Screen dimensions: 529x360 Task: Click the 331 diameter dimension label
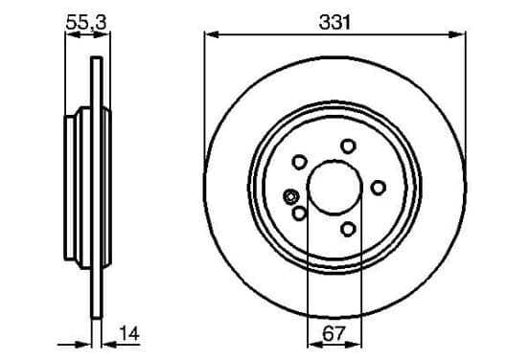coord(334,23)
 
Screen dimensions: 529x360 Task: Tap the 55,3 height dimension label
coord(86,23)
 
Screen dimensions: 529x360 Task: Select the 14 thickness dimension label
coord(129,334)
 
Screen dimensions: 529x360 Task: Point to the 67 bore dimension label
coord(334,334)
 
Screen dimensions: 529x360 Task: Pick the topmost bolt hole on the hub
coord(348,146)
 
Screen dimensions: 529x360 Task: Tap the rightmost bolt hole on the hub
coord(379,188)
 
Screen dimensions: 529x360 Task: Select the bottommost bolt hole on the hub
coord(348,229)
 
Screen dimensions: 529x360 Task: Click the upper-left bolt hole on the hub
coord(299,162)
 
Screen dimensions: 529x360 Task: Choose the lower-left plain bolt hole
coord(299,214)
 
